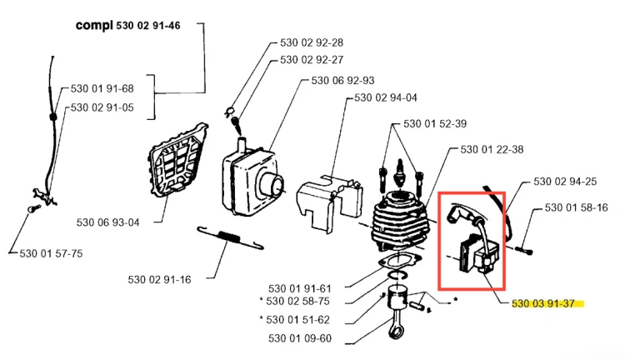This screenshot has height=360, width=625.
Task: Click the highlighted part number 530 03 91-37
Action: tap(543, 304)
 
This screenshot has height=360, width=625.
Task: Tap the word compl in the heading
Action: tap(94, 26)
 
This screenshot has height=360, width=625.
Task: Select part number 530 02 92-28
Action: tap(312, 42)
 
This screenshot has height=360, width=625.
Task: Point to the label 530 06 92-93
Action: tap(342, 81)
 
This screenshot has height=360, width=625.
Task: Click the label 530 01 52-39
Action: tap(435, 123)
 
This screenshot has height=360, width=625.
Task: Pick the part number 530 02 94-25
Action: tap(565, 182)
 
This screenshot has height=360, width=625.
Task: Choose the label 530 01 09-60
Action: tap(300, 338)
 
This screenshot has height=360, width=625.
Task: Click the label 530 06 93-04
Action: tap(108, 222)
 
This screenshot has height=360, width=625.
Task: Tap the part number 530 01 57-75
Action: tap(51, 253)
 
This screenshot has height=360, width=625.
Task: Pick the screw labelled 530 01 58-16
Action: tap(524, 250)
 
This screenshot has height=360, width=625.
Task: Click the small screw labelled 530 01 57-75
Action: tap(34, 208)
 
